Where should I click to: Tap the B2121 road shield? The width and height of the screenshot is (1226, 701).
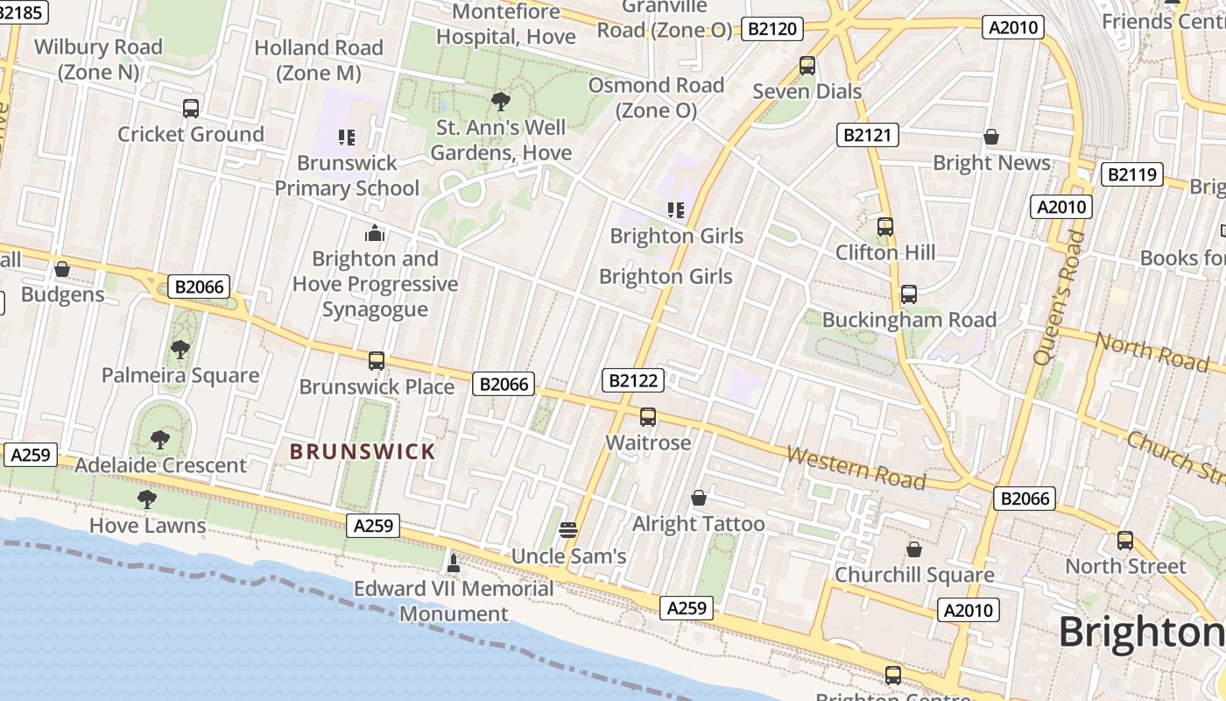pyautogui.click(x=868, y=135)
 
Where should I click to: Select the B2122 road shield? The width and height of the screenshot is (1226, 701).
pyautogui.click(x=633, y=380)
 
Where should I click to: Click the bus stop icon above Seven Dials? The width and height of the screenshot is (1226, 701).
pyautogui.click(x=807, y=66)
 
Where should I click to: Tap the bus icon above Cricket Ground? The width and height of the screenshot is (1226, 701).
pyautogui.click(x=191, y=109)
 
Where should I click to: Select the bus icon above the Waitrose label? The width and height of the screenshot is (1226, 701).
pyautogui.click(x=648, y=417)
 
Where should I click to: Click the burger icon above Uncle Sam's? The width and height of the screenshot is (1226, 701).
pyautogui.click(x=568, y=529)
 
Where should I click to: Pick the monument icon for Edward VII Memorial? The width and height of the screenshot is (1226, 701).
pyautogui.click(x=454, y=561)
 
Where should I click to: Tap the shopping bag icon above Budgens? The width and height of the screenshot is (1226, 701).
pyautogui.click(x=62, y=269)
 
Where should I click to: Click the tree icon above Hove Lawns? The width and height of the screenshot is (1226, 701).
pyautogui.click(x=147, y=499)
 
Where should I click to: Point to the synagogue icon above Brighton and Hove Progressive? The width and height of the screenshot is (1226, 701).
pyautogui.click(x=375, y=233)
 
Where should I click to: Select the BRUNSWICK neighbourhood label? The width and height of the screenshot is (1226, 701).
pyautogui.click(x=363, y=452)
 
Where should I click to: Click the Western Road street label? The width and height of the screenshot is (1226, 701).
pyautogui.click(x=856, y=467)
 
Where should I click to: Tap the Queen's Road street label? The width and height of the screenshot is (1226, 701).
pyautogui.click(x=1058, y=298)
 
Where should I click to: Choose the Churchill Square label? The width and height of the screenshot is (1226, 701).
pyautogui.click(x=914, y=575)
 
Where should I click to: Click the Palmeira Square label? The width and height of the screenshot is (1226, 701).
pyautogui.click(x=180, y=375)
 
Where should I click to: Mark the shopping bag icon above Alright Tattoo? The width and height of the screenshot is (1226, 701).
pyautogui.click(x=699, y=499)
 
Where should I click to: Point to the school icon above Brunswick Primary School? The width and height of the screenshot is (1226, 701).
pyautogui.click(x=347, y=138)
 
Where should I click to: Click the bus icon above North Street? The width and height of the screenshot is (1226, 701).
pyautogui.click(x=1125, y=541)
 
